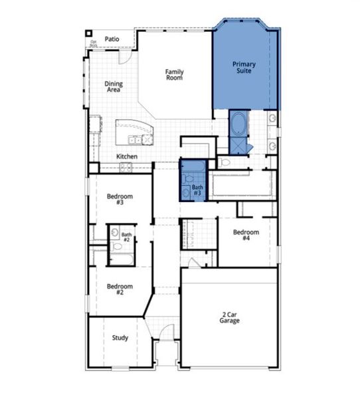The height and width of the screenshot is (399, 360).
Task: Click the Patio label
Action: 112,39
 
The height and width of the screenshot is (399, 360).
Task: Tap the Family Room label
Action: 174,74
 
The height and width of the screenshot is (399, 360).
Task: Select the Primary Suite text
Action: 244,67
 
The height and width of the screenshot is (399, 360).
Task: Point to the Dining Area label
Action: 114,86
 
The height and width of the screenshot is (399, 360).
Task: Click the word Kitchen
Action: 127,156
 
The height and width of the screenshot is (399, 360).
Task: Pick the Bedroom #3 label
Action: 120,199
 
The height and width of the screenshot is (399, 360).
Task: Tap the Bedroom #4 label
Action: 245,235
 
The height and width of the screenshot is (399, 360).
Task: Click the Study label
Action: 120,338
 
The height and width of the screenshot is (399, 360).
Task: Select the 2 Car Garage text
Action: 230,317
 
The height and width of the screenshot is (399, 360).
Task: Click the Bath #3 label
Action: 198,190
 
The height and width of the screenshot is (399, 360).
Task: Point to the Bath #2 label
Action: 126,237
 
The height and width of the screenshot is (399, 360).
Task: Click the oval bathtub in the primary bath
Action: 238,124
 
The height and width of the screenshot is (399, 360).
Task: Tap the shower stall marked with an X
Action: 238,146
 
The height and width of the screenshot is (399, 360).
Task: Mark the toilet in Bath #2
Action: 117,247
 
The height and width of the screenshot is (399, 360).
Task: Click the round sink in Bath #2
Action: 115,233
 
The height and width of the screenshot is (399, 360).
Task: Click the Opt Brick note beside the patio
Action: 94,45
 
